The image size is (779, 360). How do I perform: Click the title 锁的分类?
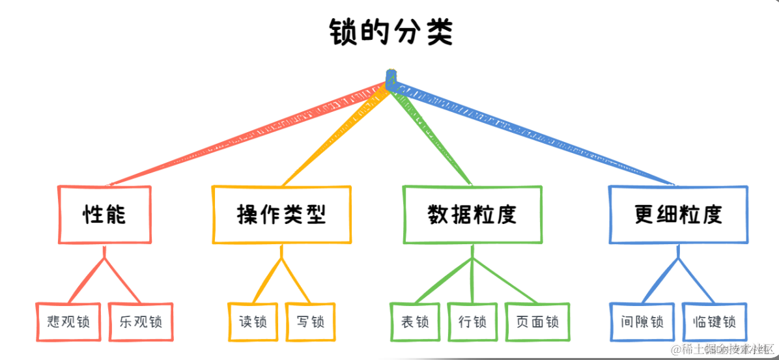(389, 32)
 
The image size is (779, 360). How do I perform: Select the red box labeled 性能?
(105, 215)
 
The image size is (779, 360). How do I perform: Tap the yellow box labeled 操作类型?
(281, 215)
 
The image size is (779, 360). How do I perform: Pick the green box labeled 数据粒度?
(472, 215)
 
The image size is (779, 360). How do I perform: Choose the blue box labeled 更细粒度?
(677, 215)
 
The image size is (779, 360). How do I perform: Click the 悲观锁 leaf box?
(68, 322)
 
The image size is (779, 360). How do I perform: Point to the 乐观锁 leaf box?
(140, 322)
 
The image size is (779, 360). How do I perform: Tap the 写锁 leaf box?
(311, 322)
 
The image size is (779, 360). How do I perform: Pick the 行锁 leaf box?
(472, 322)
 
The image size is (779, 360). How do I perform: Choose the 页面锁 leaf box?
(537, 322)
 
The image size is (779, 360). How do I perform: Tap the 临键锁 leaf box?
(715, 322)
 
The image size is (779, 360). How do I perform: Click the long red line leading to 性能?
(248, 133)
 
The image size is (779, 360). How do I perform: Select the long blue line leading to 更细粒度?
(534, 133)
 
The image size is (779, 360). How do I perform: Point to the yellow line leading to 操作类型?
(339, 133)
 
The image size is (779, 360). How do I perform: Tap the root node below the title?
(391, 79)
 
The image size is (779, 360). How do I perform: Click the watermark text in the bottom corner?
(723, 350)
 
